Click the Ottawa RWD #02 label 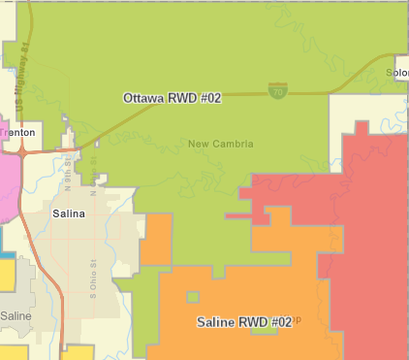tap(173, 98)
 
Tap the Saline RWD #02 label tap(243, 321)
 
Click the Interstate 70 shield tap(277, 90)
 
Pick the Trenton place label tap(17, 132)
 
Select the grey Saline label tap(16, 316)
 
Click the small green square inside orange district tap(193, 297)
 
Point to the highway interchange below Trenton tap(22, 150)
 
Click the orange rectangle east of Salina tap(156, 240)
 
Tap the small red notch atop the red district tap(362, 128)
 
